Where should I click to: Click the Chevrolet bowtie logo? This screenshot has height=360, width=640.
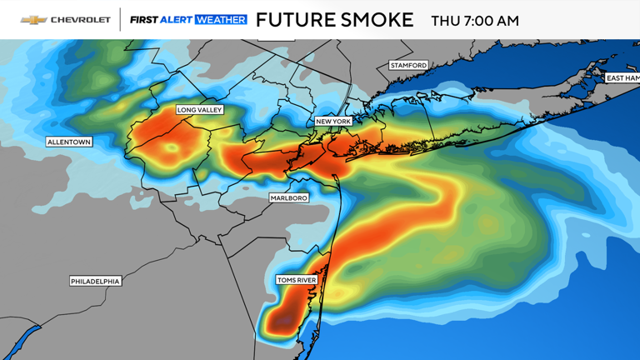coord(33,20)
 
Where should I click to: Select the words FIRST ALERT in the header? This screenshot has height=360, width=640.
coord(161,20)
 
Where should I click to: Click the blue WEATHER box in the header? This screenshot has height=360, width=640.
coord(221,20)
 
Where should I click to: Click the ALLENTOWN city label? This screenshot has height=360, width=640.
coord(69,142)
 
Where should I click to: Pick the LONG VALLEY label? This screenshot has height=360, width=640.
coord(200,110)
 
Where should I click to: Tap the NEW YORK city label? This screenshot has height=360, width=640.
coord(333,122)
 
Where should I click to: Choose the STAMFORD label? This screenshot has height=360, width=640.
coord(408,65)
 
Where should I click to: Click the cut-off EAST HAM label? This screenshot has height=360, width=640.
coord(622,78)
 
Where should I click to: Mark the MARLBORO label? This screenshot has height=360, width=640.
coord(289,198)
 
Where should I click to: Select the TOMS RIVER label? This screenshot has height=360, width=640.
coord(297,280)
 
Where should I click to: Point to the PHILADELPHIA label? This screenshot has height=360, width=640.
coord(95,282)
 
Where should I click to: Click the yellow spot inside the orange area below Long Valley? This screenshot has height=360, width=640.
coord(173,147)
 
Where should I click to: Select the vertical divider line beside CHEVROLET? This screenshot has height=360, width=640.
coord(121,20)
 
